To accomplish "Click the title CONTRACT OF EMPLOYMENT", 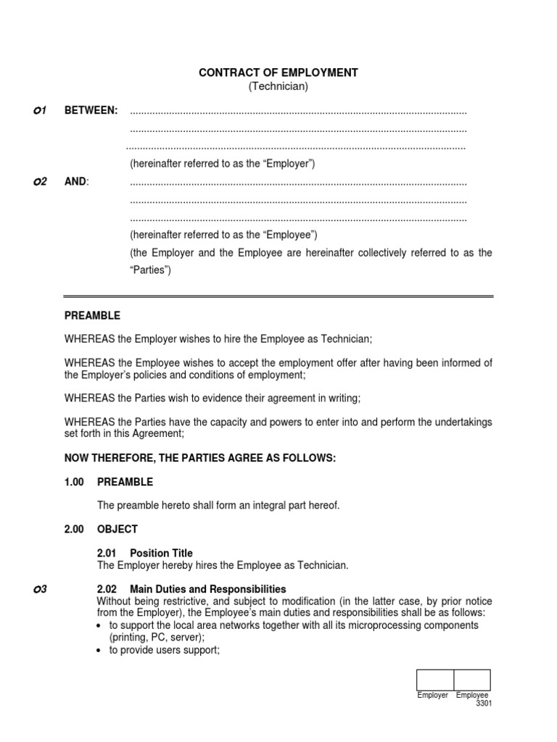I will coord(278,72).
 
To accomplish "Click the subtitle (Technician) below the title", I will coord(278,86).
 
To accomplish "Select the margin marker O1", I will coord(40,111).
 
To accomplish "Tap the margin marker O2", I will coord(40,181).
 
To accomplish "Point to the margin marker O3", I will coord(40,589).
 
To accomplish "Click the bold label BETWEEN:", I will coord(91,111).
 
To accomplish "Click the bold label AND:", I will coord(77,181).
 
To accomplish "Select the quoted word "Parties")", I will coord(151,270).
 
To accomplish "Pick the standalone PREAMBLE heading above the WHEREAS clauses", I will coord(92,316).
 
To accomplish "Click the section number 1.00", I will coord(75,482).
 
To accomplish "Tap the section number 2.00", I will coord(75,529).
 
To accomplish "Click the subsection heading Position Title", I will coord(161,554).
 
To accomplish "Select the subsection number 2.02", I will coord(107,589).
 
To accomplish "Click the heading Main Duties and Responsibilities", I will coord(208,589).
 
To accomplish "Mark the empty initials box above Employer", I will coord(435,680).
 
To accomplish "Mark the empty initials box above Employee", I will coord(472,680).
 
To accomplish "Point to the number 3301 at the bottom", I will coord(484,704).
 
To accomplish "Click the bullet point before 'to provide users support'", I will coord(99,651).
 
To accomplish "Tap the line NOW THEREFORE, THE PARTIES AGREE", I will coord(200,458).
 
